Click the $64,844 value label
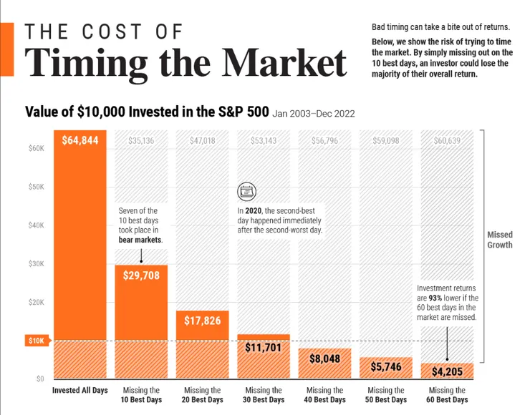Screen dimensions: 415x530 pos(80,140)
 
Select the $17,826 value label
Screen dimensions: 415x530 pos(203,321)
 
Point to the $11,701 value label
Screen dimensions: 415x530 pos(264,348)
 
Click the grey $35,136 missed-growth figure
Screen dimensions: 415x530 pos(141,141)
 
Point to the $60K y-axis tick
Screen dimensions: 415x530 pos(36,149)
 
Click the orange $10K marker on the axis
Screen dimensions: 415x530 pos(36,341)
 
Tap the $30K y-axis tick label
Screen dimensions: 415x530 pos(36,264)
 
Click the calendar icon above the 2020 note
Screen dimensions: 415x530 pos(246,191)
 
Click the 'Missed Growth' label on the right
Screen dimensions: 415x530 pos(500,240)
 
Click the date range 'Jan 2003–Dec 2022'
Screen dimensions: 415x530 pos(314,113)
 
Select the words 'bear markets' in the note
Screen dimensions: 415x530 pos(140,240)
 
